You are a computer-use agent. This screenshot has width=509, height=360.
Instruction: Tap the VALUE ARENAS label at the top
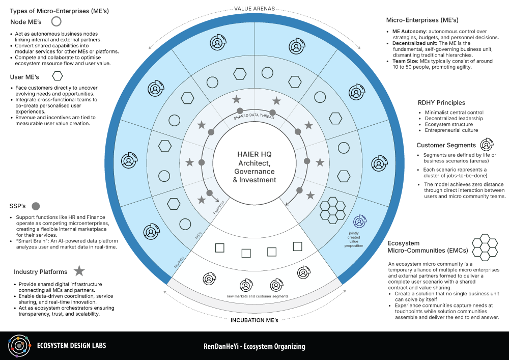(254, 9)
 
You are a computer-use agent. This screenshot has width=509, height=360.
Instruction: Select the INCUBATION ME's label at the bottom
(254, 320)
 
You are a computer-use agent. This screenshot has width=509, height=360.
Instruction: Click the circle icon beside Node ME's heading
(56, 21)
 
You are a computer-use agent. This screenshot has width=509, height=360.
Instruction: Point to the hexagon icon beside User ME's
(58, 76)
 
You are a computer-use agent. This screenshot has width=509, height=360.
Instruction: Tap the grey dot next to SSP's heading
(36, 206)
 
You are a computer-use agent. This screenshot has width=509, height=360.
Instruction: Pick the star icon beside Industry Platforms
(79, 271)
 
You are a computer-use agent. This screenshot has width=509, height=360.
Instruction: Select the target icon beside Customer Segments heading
(487, 145)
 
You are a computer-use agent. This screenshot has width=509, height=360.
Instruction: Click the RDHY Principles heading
(441, 103)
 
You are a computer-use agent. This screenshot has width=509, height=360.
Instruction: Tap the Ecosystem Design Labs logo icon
(18, 346)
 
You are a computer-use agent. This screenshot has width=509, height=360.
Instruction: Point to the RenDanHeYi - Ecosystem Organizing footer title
(254, 346)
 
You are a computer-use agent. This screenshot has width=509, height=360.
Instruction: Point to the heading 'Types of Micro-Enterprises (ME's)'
(59, 10)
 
